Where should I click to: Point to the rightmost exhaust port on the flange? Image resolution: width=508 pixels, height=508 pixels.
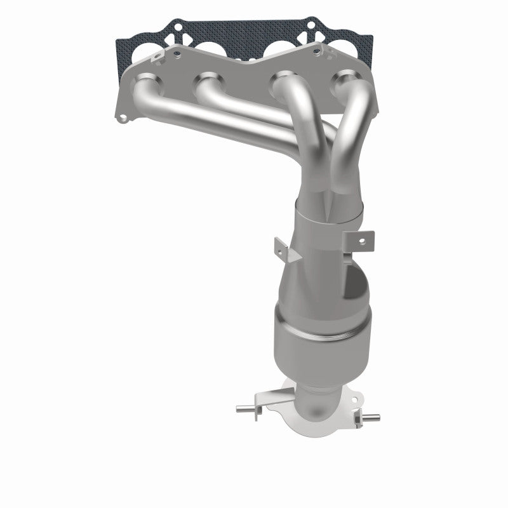click(343, 81)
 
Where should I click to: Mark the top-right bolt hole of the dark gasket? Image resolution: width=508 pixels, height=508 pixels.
click(311, 27)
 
